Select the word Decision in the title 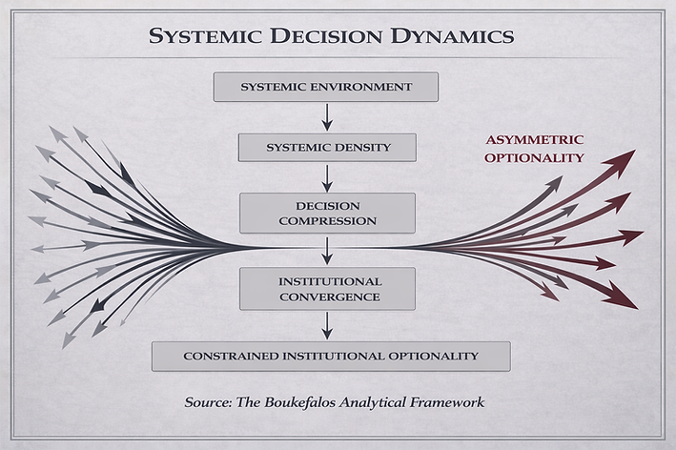pos(319,37)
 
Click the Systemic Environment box pos(326,88)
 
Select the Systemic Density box pos(326,148)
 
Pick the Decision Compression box pos(327,214)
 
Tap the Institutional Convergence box pos(327,289)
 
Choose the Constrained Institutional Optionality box pos(331,356)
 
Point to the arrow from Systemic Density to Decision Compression pos(327,177)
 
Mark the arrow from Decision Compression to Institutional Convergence pos(327,250)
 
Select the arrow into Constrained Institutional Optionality pos(327,325)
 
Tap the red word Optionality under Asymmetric pos(534,157)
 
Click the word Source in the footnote pos(206,402)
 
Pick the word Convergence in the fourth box pos(327,297)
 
